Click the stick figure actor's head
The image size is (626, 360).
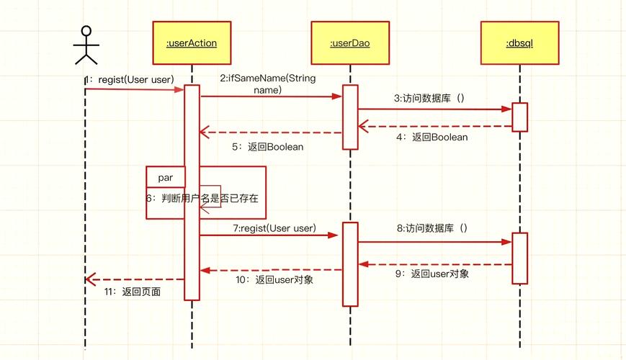coord(86,31)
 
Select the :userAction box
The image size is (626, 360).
coord(192,43)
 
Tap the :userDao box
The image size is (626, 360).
coord(350,43)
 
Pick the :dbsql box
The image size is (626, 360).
coord(519,43)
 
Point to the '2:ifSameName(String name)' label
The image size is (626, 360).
coord(267,84)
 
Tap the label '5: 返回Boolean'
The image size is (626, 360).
coord(267,146)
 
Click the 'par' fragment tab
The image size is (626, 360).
coord(165,176)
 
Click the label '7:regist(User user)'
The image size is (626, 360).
coord(274,228)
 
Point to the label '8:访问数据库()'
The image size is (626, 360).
coord(432,228)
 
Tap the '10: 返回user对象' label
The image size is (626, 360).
coord(274,279)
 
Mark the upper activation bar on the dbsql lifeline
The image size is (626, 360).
coord(519,117)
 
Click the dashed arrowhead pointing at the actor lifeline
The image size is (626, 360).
coord(89,279)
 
